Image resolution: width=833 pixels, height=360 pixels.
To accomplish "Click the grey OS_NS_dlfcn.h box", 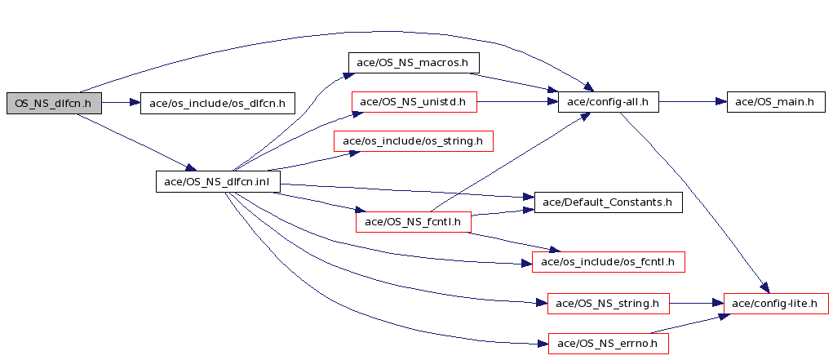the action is click(x=54, y=103).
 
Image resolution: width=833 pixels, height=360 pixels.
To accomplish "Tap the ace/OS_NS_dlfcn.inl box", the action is click(x=218, y=181).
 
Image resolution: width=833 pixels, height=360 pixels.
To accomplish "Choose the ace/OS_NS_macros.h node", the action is click(x=414, y=63).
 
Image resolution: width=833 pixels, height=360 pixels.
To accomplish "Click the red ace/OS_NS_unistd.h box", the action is click(x=414, y=101).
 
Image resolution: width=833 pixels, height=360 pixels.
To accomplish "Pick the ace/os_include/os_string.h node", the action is click(x=414, y=141).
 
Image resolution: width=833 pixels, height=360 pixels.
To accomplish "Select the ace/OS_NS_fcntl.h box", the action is click(x=414, y=221).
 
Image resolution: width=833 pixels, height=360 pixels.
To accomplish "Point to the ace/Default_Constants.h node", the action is click(x=608, y=202).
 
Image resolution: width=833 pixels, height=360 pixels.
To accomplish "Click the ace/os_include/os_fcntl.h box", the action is click(x=609, y=261).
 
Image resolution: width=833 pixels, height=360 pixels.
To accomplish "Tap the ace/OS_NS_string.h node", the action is click(x=609, y=303).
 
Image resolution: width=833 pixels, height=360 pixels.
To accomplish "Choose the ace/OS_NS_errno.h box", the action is click(x=608, y=343).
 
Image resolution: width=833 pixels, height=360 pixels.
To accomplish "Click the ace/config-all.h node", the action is click(x=609, y=101).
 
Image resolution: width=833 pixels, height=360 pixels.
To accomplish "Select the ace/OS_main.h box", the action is click(x=776, y=101).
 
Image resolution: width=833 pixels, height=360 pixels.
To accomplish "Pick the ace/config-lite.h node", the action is click(x=776, y=303).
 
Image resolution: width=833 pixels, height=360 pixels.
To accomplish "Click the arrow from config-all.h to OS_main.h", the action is click(x=693, y=101).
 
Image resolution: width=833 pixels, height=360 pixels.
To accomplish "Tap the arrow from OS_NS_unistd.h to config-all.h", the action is click(x=517, y=101).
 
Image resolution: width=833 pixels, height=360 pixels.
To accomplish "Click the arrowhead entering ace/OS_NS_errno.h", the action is click(x=542, y=344).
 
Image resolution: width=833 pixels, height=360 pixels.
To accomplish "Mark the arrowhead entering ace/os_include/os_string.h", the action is click(x=354, y=153).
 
